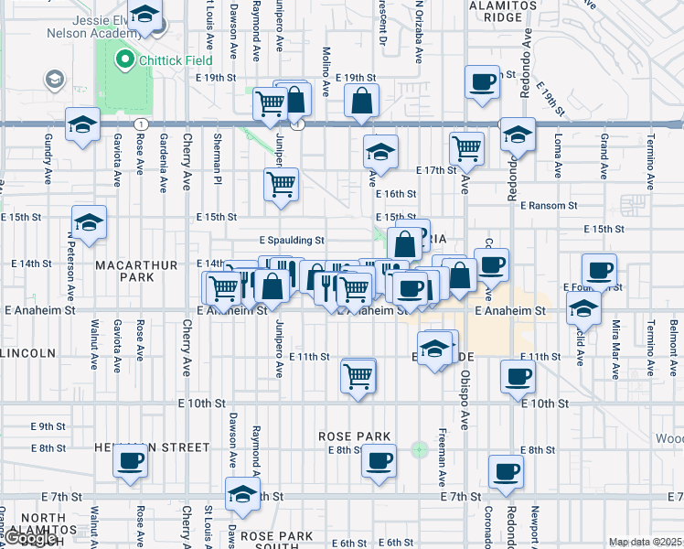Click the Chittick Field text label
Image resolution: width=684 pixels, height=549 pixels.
coord(176,60)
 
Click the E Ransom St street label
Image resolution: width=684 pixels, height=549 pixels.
coord(550,206)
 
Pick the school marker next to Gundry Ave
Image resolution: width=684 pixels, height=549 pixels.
coord(82,125)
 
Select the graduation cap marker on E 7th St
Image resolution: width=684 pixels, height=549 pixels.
coord(242,495)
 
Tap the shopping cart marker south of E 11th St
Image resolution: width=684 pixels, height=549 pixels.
coord(358,375)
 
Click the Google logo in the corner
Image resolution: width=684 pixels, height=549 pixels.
coord(31,539)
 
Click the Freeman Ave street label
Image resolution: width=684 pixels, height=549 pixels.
coord(443,457)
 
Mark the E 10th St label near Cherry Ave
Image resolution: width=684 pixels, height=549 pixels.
coord(202,403)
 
